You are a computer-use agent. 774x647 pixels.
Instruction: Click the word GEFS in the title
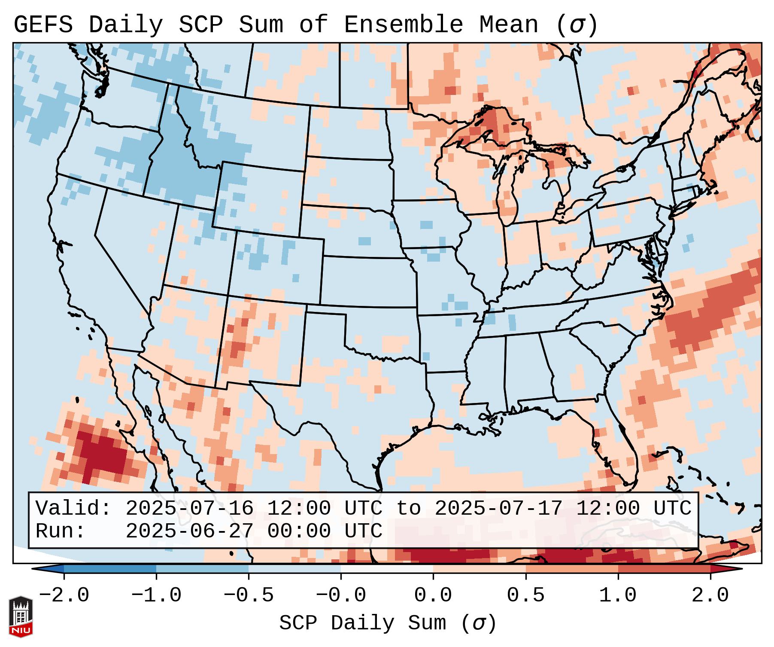(43, 25)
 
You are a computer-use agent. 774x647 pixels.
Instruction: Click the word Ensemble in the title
(404, 25)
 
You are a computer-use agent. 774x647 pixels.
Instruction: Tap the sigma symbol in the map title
(576, 25)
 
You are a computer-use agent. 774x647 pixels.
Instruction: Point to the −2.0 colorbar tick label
(64, 595)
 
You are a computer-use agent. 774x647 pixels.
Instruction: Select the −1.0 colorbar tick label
(156, 595)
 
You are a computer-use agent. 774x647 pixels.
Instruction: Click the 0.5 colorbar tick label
(525, 595)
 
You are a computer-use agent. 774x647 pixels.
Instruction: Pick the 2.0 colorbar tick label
(710, 595)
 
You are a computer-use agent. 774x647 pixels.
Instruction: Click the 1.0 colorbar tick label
(618, 595)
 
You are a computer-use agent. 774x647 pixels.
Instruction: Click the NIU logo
(21, 616)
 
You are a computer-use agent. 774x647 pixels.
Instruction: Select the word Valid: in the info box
(73, 509)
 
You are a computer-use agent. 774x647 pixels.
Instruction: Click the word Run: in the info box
(60, 531)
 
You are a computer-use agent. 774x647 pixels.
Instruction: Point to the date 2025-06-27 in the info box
(189, 531)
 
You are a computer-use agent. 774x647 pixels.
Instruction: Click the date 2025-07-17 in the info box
(498, 509)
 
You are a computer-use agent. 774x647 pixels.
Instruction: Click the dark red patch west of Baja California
(101, 453)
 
